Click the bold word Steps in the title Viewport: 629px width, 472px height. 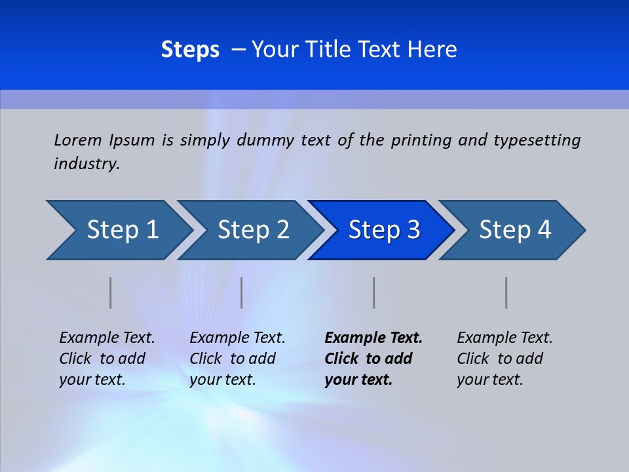click(x=190, y=49)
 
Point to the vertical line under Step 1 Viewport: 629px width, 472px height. click(x=111, y=292)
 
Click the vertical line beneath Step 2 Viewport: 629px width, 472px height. click(x=242, y=292)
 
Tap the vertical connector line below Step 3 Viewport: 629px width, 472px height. click(x=373, y=292)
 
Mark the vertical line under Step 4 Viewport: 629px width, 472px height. click(x=506, y=292)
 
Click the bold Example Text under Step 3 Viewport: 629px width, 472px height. click(x=373, y=338)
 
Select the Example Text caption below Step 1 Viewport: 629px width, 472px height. click(x=107, y=338)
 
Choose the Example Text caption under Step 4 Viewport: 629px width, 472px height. click(x=505, y=338)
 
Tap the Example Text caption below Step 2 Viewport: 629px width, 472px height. click(x=237, y=338)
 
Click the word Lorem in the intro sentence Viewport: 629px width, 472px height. click(x=78, y=140)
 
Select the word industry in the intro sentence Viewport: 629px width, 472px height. click(x=86, y=163)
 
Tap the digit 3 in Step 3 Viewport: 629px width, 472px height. click(x=413, y=230)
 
